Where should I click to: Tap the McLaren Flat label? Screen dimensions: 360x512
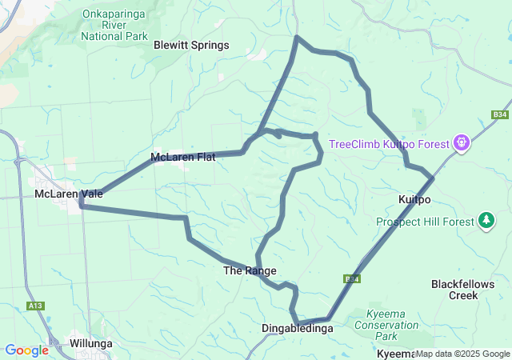coord(182,157)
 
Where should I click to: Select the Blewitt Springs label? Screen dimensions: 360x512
coord(191,46)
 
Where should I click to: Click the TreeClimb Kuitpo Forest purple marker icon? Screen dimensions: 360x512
coord(462,143)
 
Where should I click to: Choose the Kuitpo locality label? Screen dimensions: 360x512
coord(414,198)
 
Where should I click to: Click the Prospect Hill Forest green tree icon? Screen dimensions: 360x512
coord(486,219)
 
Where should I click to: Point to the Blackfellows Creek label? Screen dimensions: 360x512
coord(465,290)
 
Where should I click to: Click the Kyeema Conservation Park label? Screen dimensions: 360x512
coord(392,319)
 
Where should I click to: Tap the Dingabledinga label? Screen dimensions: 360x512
coord(297,328)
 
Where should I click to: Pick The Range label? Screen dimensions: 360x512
coord(250,271)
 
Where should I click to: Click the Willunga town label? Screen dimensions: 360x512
coord(90,343)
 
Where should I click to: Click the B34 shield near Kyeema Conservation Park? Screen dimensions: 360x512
coord(353,278)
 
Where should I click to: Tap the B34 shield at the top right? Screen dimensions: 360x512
coord(500,115)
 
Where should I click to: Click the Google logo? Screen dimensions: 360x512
coord(26,350)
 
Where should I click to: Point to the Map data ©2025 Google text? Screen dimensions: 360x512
coord(462,354)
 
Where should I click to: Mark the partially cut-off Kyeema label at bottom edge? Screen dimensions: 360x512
coord(395,354)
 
